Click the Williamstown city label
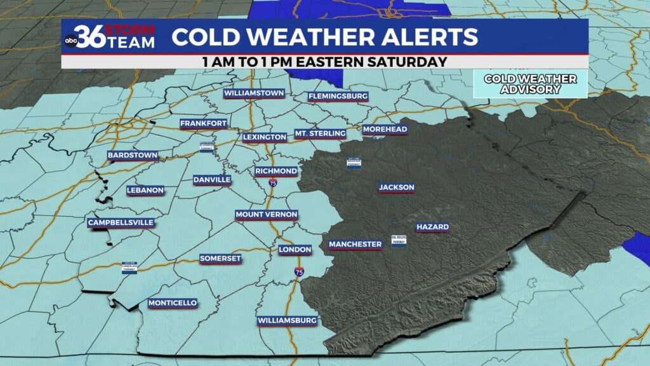point(253,93)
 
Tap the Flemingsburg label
point(338,97)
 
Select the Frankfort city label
point(204,123)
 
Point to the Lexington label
point(265,137)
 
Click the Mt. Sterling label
point(320,133)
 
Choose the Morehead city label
point(385,130)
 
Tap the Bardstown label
point(133,155)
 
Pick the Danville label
point(212,180)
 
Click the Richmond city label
point(276,171)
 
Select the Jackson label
point(397,187)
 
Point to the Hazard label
point(433,227)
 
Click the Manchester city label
point(355,244)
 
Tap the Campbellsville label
point(121,222)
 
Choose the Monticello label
point(173,303)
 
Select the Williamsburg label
point(288,321)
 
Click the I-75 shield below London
point(298,272)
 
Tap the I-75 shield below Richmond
point(272,183)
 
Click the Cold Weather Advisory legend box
point(530,83)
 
